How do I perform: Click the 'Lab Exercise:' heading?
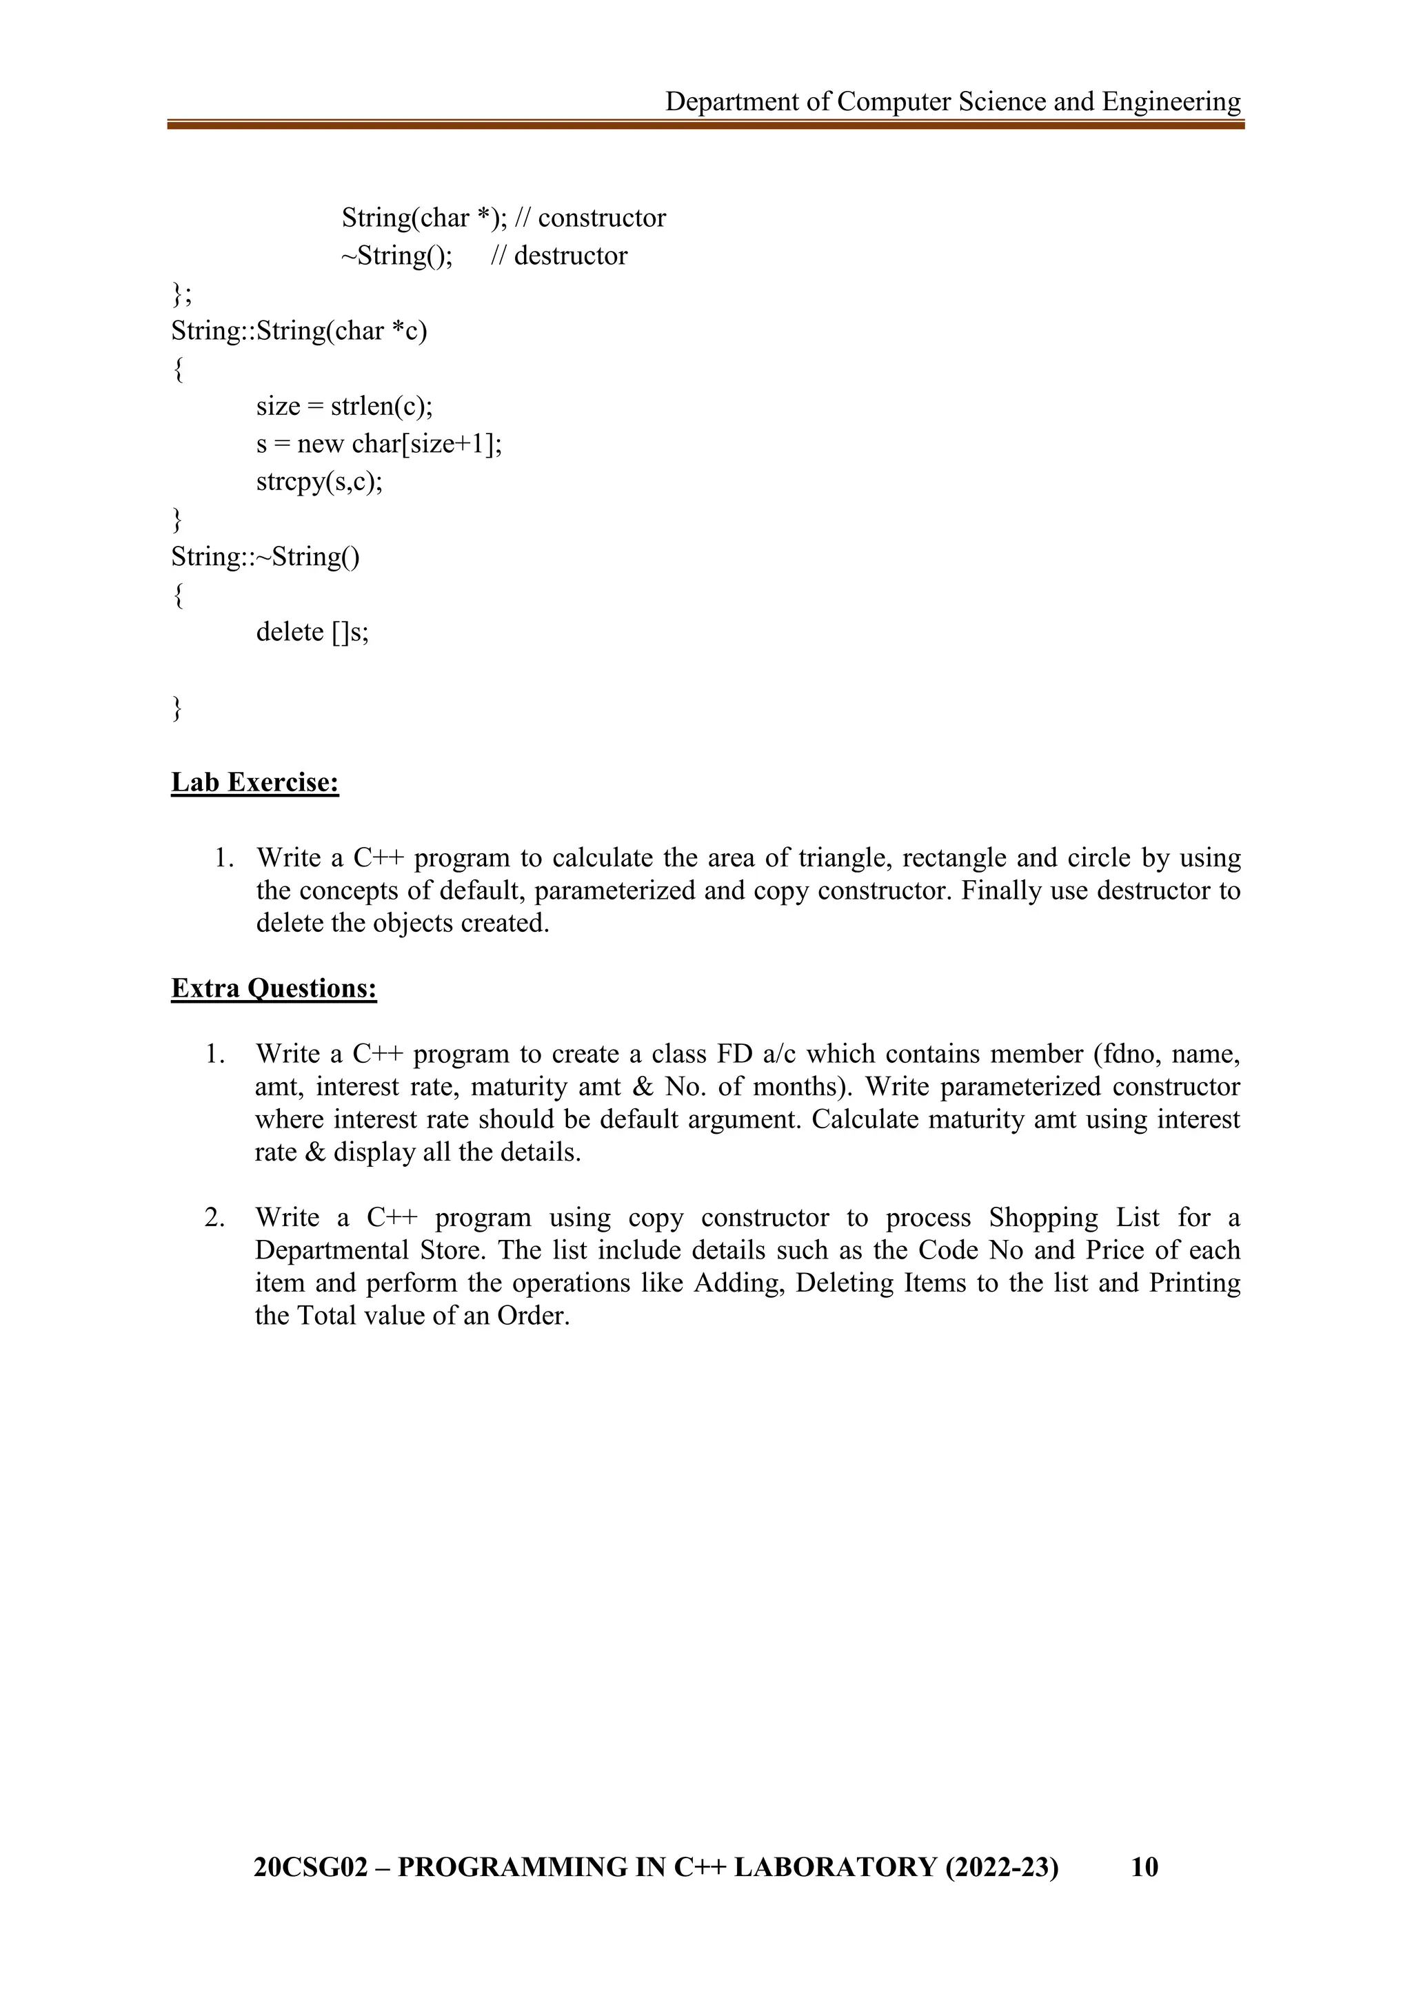pyautogui.click(x=254, y=782)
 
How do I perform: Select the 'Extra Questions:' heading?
pyautogui.click(x=274, y=988)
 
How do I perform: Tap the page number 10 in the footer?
pyautogui.click(x=1144, y=1866)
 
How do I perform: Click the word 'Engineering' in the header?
pyautogui.click(x=1171, y=102)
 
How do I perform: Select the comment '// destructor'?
pyautogui.click(x=559, y=256)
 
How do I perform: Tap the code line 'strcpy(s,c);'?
pyautogui.click(x=319, y=482)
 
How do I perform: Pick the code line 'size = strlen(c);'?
pyautogui.click(x=344, y=406)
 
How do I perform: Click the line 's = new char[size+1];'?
pyautogui.click(x=379, y=445)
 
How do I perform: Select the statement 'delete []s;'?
pyautogui.click(x=312, y=632)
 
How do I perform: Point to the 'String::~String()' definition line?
pyautogui.click(x=265, y=556)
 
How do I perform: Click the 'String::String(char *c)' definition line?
pyautogui.click(x=299, y=332)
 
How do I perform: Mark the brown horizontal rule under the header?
pyautogui.click(x=706, y=125)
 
